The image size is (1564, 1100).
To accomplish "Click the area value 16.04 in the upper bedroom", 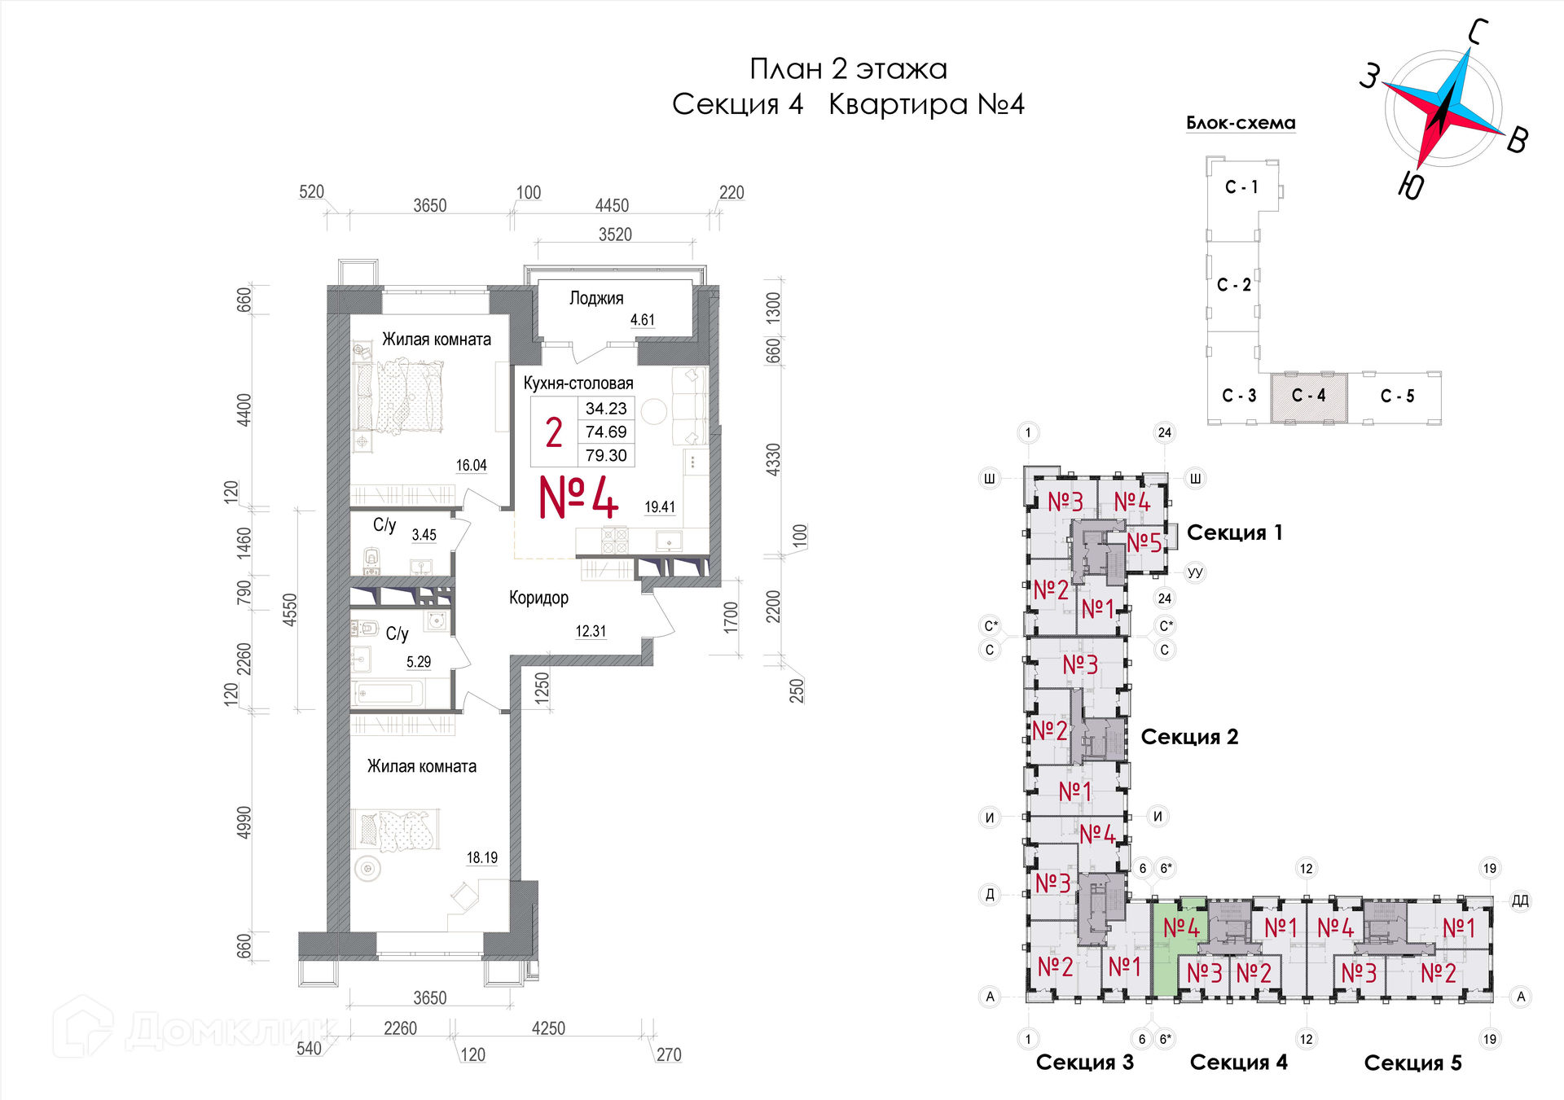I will tap(471, 466).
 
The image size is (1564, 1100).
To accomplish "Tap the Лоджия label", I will tap(596, 299).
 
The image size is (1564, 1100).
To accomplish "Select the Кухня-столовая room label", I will tap(578, 383).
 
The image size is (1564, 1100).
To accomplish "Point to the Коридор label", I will tap(538, 598).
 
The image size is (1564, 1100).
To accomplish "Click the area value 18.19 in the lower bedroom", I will tap(481, 858).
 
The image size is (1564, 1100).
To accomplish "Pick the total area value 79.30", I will tap(606, 456).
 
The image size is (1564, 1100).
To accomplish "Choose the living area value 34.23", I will tap(606, 409).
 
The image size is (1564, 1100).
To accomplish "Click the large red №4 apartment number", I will tap(578, 497).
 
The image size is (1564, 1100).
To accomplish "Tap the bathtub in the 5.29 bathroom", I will tap(388, 695).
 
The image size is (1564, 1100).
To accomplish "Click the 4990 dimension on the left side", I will tap(244, 822).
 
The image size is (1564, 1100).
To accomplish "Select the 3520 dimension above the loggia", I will tap(615, 234).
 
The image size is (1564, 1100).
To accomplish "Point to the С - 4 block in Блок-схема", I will tap(1308, 397).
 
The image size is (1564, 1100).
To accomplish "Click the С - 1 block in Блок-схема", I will tap(1241, 187).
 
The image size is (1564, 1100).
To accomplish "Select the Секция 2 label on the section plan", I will tap(1189, 737).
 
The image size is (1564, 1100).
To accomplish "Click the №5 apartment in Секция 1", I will tap(1144, 542).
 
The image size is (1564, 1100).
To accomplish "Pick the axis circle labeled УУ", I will tap(1194, 572).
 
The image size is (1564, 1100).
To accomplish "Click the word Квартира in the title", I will tap(898, 104).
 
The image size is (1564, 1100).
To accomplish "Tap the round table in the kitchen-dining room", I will tap(653, 412).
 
